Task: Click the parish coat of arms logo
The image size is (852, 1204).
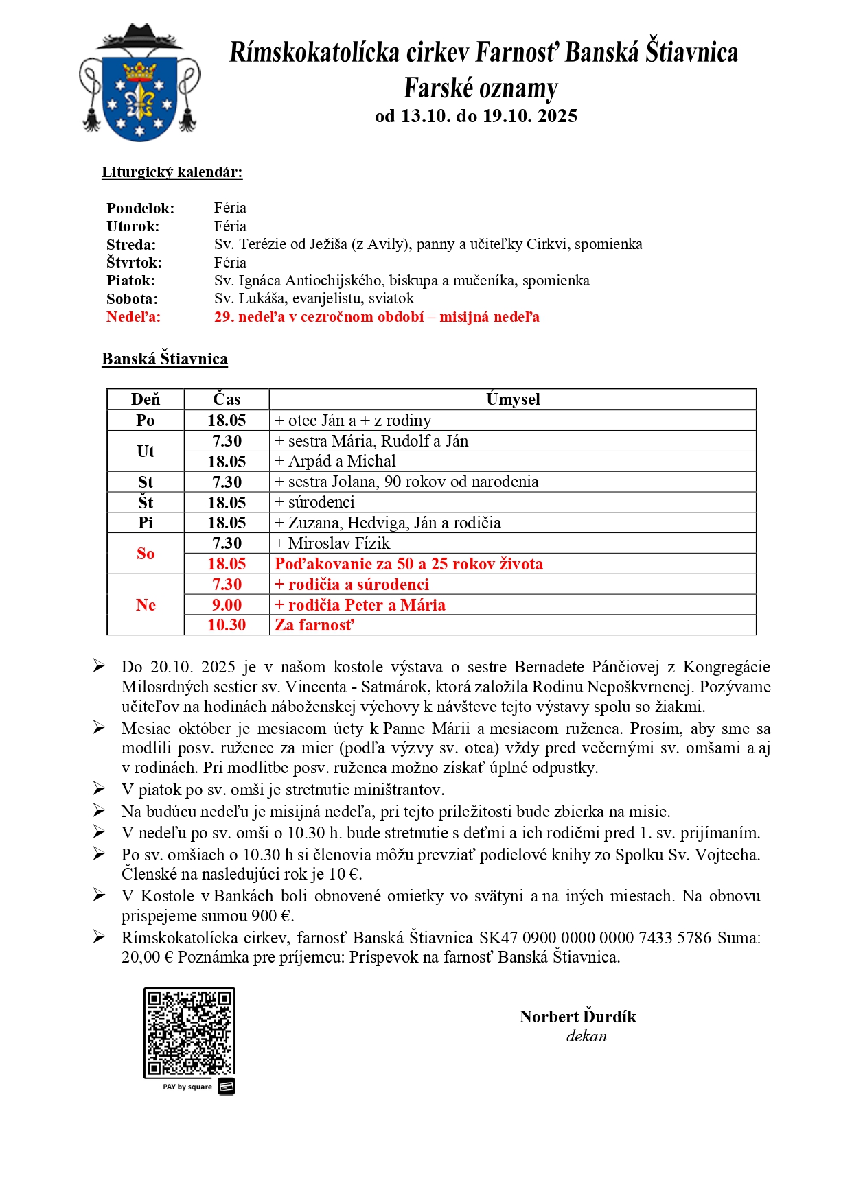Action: [x=140, y=84]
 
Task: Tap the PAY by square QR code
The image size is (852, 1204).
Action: [x=189, y=1032]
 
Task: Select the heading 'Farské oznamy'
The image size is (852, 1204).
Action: [x=481, y=88]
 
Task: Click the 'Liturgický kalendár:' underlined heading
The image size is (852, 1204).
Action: [x=172, y=172]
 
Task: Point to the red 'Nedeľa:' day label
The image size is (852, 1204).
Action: [x=133, y=317]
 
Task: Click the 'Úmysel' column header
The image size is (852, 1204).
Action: [x=513, y=399]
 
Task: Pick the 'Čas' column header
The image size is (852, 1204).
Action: [x=227, y=399]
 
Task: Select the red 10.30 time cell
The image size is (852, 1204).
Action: [x=227, y=625]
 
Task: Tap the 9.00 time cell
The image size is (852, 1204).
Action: [x=227, y=605]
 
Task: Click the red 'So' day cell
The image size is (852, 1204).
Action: [x=146, y=554]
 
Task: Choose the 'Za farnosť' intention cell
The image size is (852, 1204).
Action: [x=314, y=625]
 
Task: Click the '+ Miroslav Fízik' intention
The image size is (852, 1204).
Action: [x=332, y=543]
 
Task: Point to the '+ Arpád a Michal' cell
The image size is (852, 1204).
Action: [x=335, y=461]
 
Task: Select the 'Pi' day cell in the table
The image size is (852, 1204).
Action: [x=146, y=523]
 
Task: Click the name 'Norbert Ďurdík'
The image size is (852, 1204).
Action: [x=577, y=1017]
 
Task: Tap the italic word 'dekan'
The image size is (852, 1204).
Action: [x=586, y=1037]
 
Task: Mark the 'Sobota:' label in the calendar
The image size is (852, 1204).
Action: [x=132, y=299]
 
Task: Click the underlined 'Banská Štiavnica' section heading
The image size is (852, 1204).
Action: [x=165, y=359]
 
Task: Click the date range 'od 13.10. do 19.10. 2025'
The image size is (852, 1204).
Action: [x=476, y=116]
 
